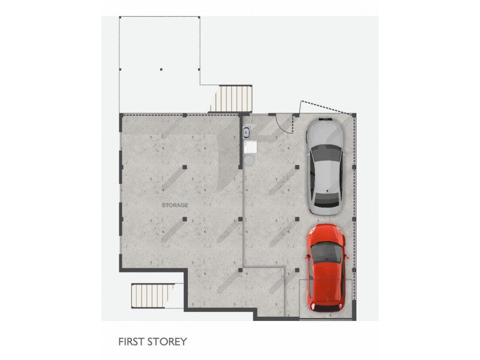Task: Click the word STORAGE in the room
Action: [175, 205]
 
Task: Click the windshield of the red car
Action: [327, 251]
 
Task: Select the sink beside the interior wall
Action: [246, 133]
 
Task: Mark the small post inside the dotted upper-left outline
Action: [161, 70]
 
